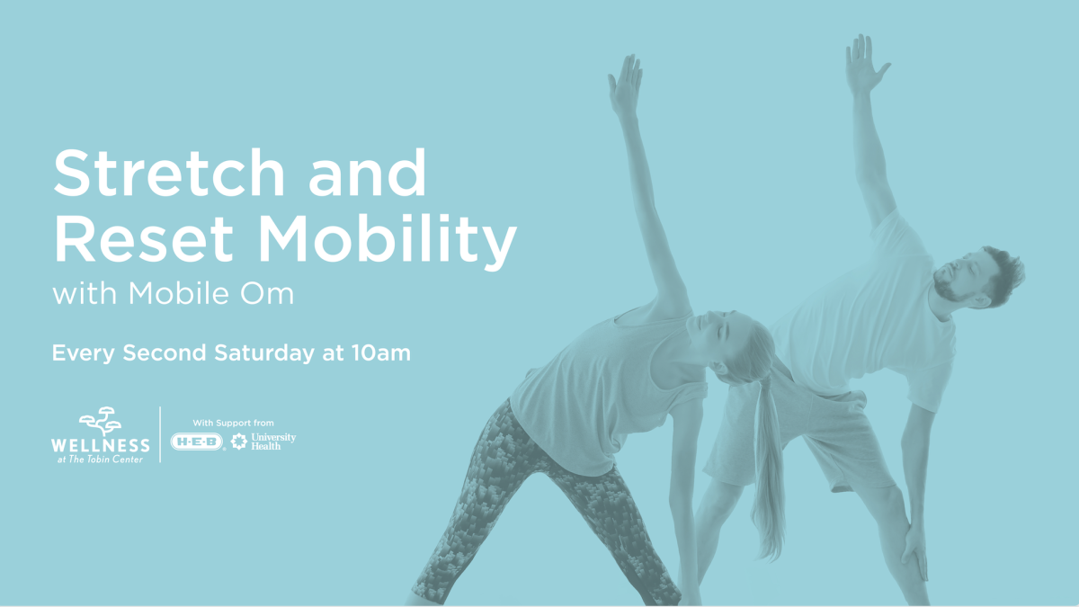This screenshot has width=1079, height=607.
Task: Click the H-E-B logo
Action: click(198, 441)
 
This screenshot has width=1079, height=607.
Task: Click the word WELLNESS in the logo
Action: click(101, 445)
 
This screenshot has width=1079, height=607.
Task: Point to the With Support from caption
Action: click(233, 422)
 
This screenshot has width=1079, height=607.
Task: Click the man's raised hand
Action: click(865, 65)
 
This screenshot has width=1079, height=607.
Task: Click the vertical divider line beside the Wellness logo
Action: click(160, 434)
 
